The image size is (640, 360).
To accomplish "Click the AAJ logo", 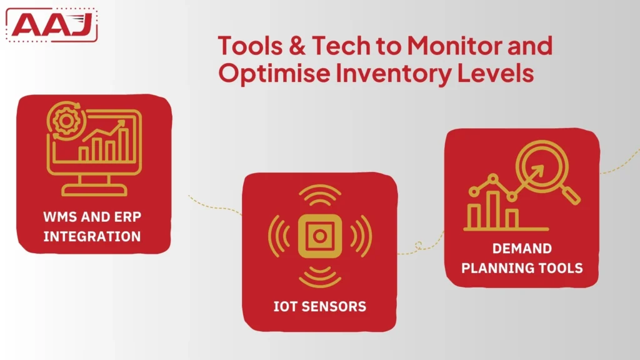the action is pyautogui.click(x=51, y=25).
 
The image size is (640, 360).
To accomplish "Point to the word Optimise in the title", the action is pyautogui.click(x=274, y=73).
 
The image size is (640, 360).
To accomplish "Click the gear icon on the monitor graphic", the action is pyautogui.click(x=65, y=121).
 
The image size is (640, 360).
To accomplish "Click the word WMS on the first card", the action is pyautogui.click(x=60, y=217).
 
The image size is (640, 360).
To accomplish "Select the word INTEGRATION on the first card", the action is pyautogui.click(x=92, y=236).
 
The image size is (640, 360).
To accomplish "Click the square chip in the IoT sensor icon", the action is pyautogui.click(x=319, y=236).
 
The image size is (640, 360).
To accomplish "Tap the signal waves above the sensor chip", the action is pyautogui.click(x=319, y=195).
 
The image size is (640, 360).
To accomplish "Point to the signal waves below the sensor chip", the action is pyautogui.click(x=319, y=277).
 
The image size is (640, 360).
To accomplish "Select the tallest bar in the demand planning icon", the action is pyautogui.click(x=493, y=209).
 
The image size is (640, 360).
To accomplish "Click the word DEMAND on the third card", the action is pyautogui.click(x=522, y=248).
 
